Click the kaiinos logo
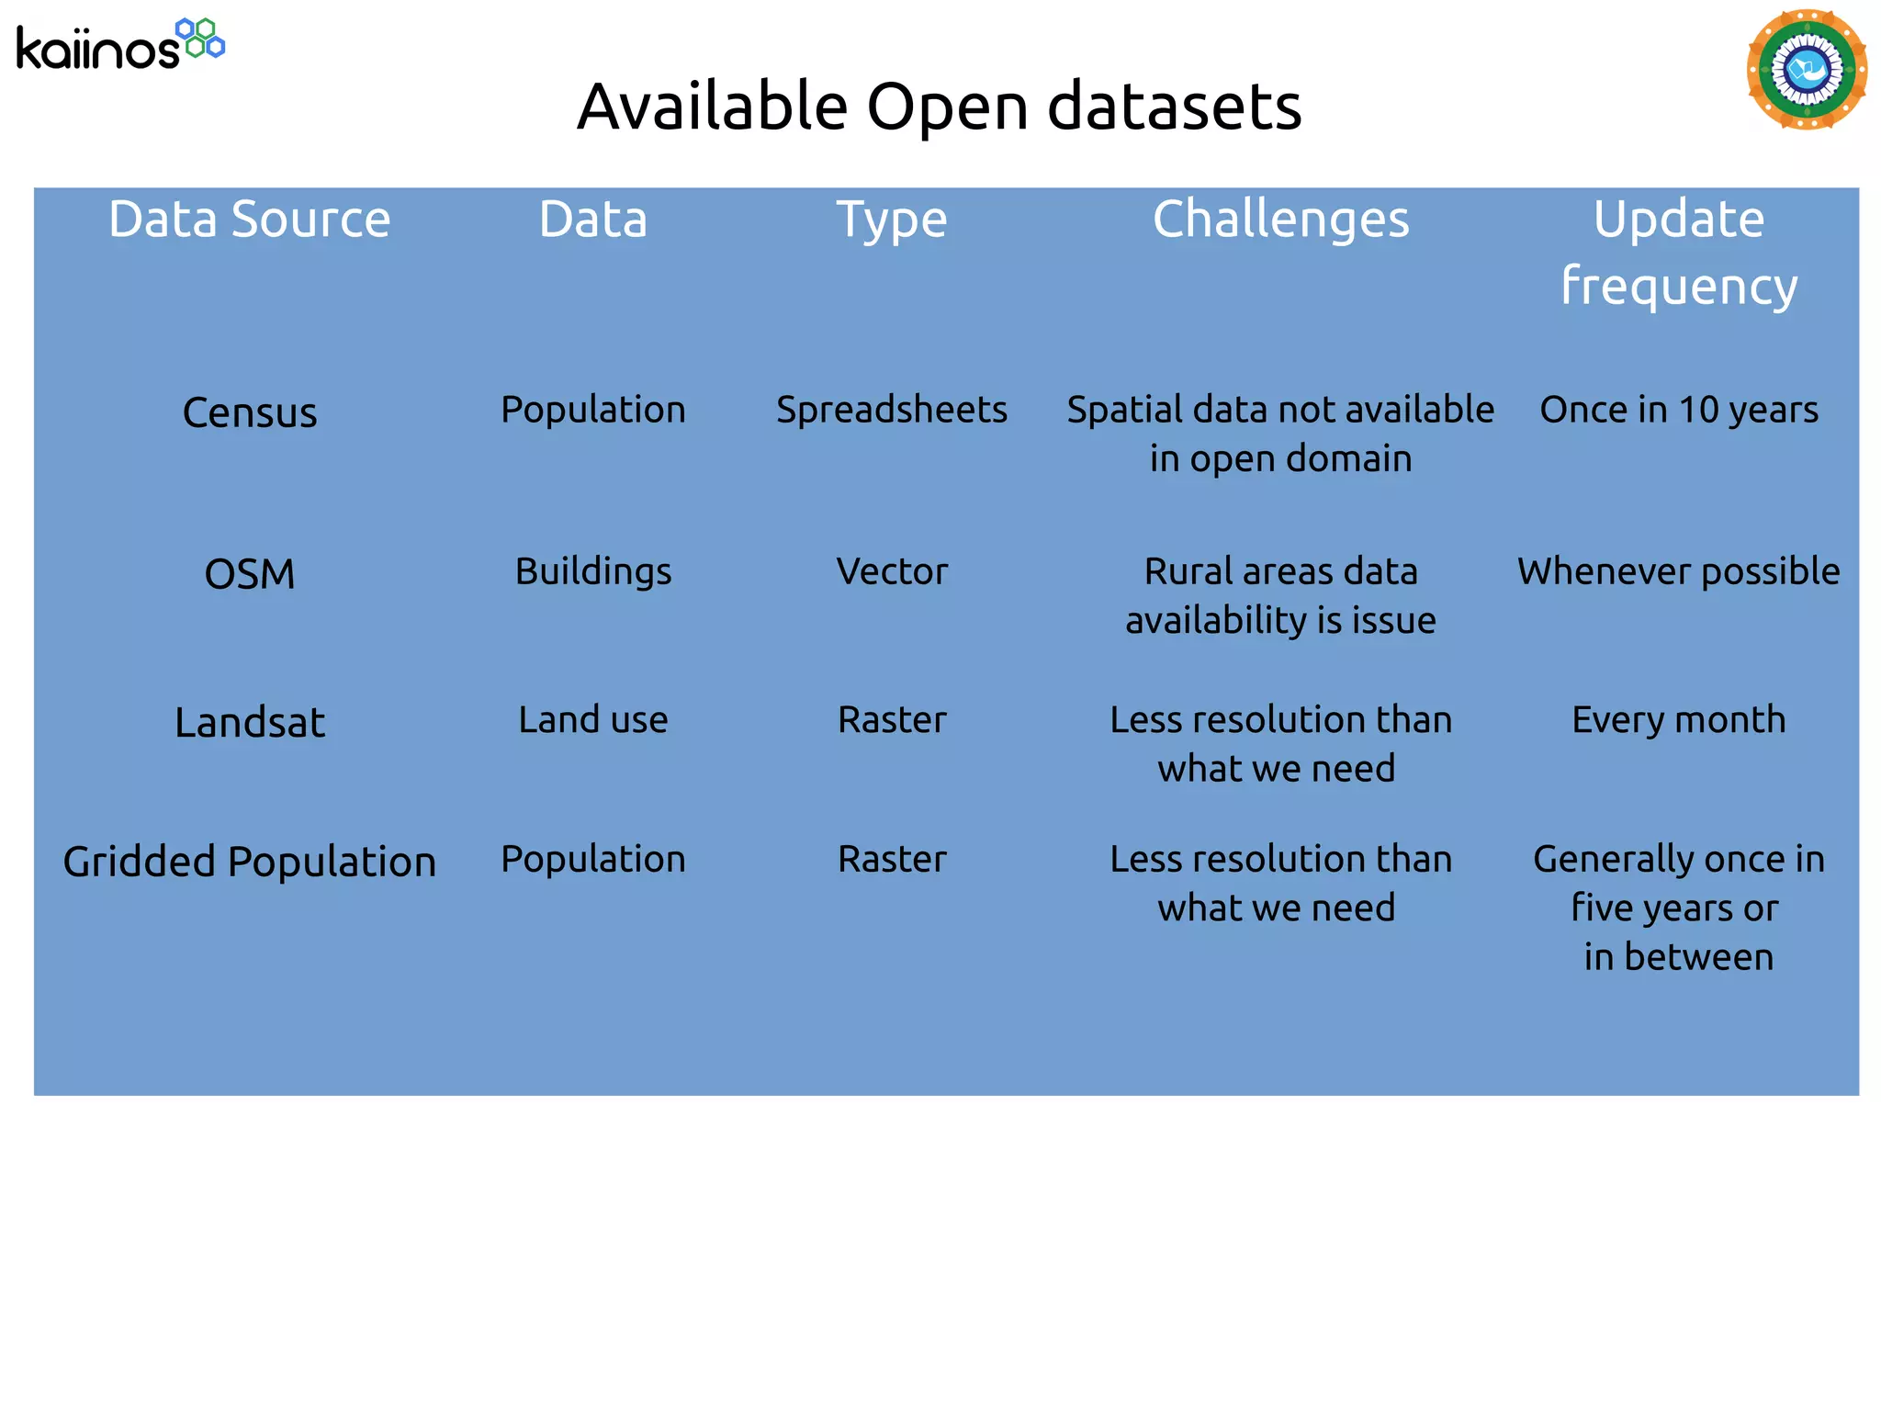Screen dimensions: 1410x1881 click(x=119, y=44)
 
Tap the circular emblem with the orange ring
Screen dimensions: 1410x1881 click(x=1806, y=70)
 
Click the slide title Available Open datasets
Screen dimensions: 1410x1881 click(x=939, y=107)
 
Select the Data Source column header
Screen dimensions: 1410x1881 click(x=249, y=220)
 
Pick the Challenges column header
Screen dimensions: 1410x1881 click(x=1280, y=220)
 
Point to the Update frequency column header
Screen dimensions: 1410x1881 click(x=1678, y=252)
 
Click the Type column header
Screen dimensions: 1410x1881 click(x=891, y=220)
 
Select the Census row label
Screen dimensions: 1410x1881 click(x=249, y=412)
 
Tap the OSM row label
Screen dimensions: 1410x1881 click(x=249, y=574)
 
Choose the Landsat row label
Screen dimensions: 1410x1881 click(x=249, y=722)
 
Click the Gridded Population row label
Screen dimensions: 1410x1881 click(x=249, y=862)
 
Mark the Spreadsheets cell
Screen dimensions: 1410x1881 click(x=891, y=410)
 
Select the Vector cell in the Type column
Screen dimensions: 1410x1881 click(x=891, y=571)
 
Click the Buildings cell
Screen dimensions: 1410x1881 click(x=592, y=571)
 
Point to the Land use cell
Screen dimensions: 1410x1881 click(x=592, y=719)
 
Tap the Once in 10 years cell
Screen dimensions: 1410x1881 click(x=1678, y=410)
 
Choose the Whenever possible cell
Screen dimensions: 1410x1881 click(x=1678, y=571)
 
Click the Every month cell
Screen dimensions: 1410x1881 click(x=1678, y=719)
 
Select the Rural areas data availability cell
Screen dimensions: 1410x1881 click(x=1280, y=595)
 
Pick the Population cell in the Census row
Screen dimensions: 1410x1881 click(x=592, y=410)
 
